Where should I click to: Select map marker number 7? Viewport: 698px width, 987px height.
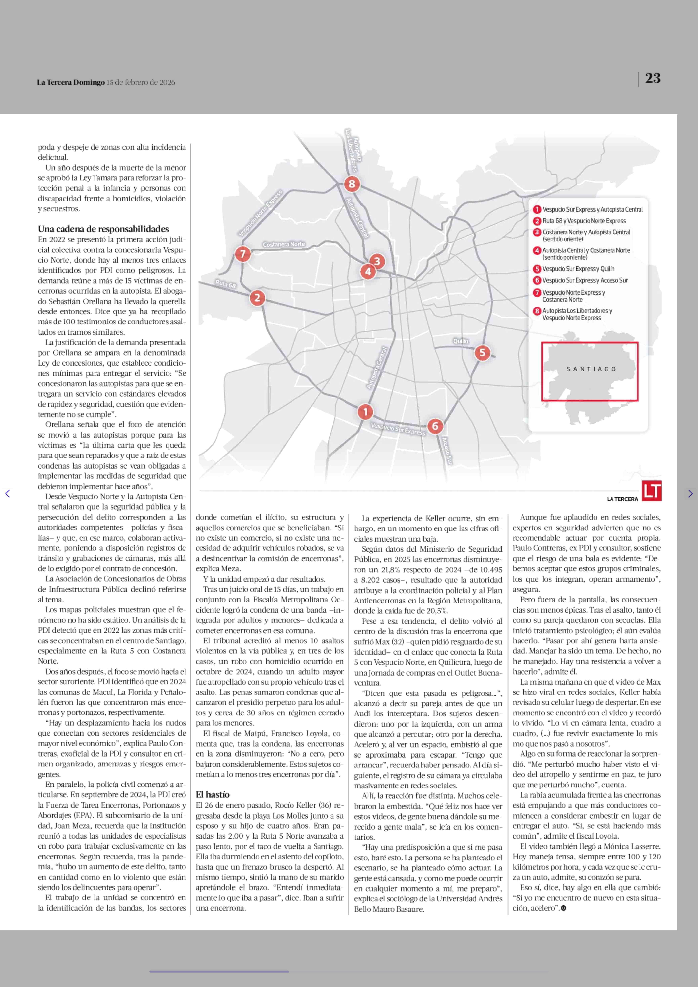tap(243, 254)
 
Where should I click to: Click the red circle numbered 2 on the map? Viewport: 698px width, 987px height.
tap(257, 298)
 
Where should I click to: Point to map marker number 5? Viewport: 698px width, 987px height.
tap(482, 353)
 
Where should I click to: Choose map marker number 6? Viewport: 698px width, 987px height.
tap(435, 426)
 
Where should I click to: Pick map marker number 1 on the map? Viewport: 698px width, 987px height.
tap(365, 412)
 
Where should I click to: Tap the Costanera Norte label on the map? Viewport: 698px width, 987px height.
tap(284, 244)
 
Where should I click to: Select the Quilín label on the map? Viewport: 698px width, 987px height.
tap(461, 341)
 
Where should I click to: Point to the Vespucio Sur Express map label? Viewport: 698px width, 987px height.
tap(398, 429)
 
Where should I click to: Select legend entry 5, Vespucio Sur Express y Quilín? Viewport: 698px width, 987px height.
tap(578, 269)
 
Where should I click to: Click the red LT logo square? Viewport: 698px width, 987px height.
tap(652, 491)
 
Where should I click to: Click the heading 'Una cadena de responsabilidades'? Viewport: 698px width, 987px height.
tap(103, 229)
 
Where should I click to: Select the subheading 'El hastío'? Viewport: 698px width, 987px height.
tap(213, 794)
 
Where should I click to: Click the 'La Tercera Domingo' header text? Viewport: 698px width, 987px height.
tap(70, 82)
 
